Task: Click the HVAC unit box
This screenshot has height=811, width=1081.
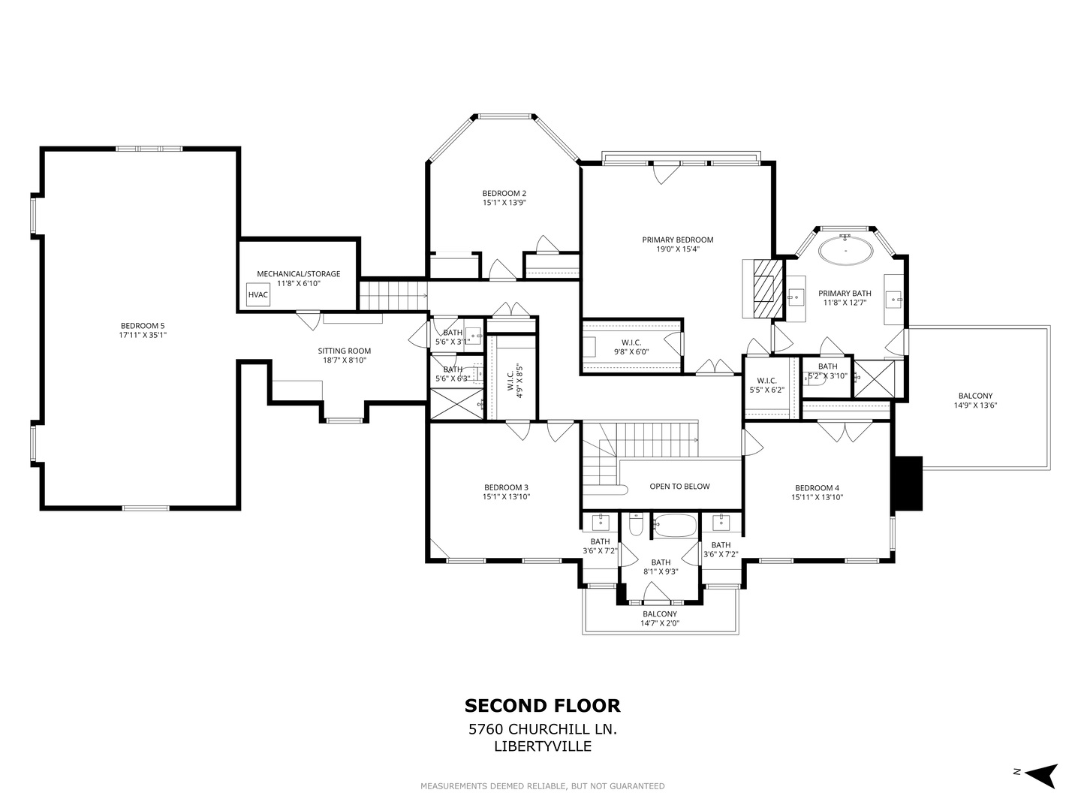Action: (x=258, y=294)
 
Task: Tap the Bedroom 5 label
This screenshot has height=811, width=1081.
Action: (x=143, y=325)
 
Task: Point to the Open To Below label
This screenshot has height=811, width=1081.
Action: (x=679, y=487)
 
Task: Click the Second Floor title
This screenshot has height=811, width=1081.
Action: (x=542, y=706)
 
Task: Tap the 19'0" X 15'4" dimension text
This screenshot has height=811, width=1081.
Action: (x=678, y=249)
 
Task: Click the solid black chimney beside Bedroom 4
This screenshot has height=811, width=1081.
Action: (x=908, y=483)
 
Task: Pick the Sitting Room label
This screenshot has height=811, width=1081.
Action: (x=345, y=351)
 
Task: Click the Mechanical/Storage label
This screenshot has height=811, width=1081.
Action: (x=299, y=274)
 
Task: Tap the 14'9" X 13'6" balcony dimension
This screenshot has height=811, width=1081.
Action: (x=976, y=405)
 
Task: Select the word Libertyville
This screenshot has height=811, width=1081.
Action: (x=543, y=746)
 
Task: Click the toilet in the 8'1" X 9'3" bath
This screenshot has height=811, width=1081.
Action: (x=637, y=526)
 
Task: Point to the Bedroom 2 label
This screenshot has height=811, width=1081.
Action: (x=504, y=194)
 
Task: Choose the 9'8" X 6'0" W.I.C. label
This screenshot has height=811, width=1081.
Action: (x=631, y=347)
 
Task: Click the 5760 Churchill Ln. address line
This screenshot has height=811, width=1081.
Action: (x=543, y=728)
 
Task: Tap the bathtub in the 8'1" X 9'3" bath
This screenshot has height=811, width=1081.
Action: (x=675, y=526)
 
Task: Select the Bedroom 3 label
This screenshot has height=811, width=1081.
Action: (x=506, y=487)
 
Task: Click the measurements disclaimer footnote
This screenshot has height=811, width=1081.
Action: (x=543, y=786)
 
